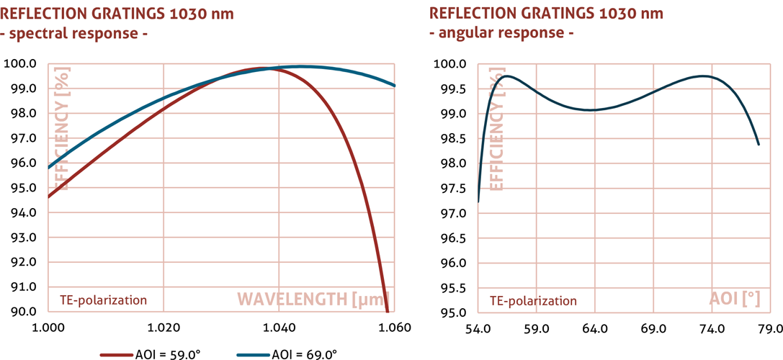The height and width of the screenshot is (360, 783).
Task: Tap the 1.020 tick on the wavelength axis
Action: tap(163, 328)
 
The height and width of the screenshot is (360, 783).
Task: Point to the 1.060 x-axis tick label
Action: tap(394, 328)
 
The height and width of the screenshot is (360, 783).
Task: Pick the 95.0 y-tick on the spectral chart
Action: tap(24, 188)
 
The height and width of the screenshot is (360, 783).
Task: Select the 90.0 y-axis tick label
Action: tap(24, 312)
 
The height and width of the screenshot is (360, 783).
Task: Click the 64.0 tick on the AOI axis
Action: tap(594, 329)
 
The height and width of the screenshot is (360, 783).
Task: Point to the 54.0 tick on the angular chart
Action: tap(478, 329)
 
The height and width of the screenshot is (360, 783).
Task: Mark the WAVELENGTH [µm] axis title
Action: tap(313, 299)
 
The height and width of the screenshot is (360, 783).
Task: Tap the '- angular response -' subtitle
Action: tap(502, 32)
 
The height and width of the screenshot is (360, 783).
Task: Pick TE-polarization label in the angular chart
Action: tap(533, 300)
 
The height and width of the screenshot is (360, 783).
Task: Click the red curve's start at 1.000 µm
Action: tap(48, 197)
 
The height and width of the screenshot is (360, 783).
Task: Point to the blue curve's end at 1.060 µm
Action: tap(395, 86)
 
